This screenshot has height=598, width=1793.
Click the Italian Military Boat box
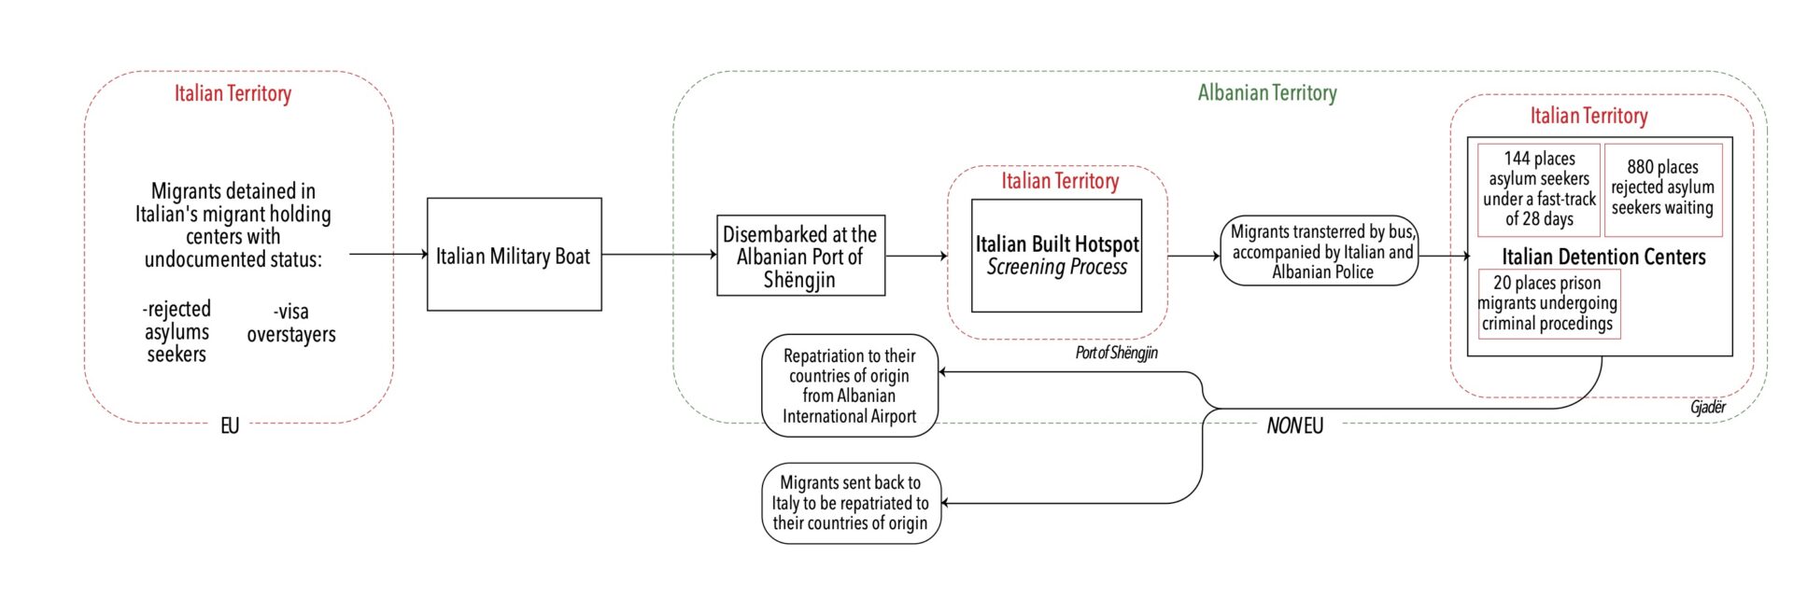coord(514,255)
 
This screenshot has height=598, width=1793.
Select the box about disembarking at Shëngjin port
coord(800,257)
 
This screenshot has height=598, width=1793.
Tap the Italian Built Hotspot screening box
coord(1056,256)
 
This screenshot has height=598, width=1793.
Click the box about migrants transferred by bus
coord(1320,251)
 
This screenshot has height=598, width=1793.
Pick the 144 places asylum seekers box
coord(1538,189)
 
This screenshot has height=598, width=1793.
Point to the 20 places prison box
coord(1548,303)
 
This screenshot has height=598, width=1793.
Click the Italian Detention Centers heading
coord(1602,257)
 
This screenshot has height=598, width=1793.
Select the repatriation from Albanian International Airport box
coord(849,385)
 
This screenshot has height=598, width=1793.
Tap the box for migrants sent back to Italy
coord(850,503)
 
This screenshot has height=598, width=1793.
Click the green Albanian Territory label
coord(1267,92)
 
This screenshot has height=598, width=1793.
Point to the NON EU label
coord(1294,425)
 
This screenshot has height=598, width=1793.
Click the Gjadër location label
coord(1708,407)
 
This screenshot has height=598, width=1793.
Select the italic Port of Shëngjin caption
coord(1116,353)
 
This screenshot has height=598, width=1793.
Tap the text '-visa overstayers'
coord(291,323)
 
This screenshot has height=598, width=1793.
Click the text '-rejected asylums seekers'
coord(176,331)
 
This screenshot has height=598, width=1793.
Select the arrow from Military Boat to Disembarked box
coord(659,254)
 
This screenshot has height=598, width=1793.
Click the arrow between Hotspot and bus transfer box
coord(1193,255)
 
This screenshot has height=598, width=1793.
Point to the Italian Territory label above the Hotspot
coord(1060,181)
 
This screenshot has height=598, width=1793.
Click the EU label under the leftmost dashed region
coord(230,425)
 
